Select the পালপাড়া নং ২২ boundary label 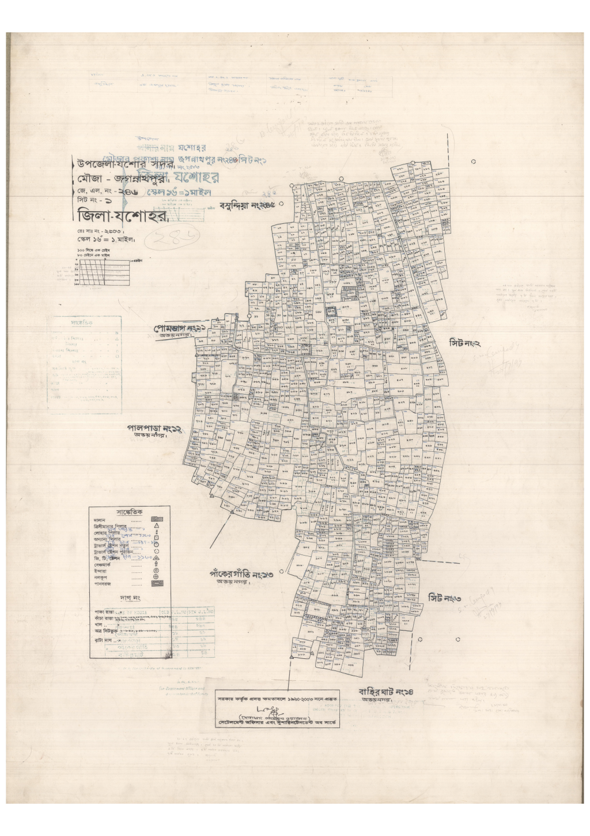(x=154, y=429)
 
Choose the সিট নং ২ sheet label (x=465, y=343)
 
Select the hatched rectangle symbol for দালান (x=157, y=520)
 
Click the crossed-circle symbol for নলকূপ (x=156, y=576)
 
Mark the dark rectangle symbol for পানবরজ (x=157, y=584)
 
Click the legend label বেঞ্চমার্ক (x=102, y=561)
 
